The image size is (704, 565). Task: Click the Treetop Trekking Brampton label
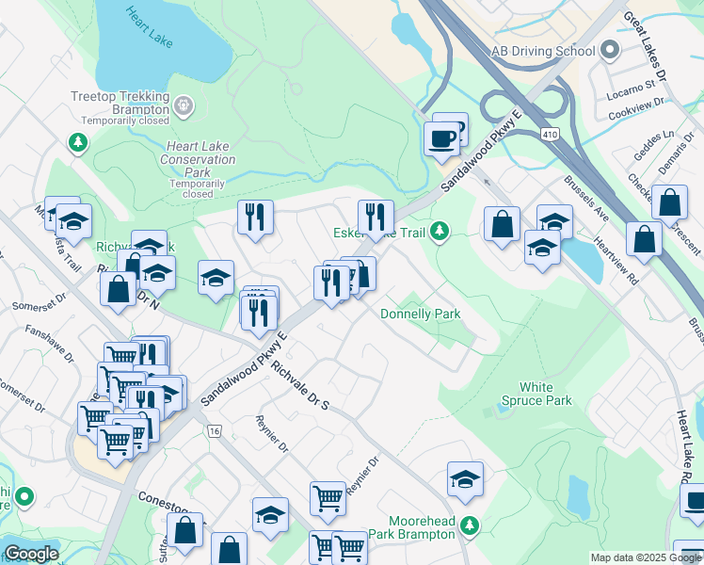click(x=120, y=104)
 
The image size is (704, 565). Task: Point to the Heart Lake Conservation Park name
click(x=198, y=160)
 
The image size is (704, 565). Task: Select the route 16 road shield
click(x=215, y=430)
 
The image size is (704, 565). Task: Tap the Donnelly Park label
click(x=420, y=314)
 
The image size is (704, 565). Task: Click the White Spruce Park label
click(x=544, y=394)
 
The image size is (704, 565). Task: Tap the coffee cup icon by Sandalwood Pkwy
click(x=442, y=140)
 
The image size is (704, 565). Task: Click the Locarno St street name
click(x=631, y=84)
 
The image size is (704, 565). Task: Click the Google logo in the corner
click(x=31, y=555)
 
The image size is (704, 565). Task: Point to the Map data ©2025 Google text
click(x=645, y=557)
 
